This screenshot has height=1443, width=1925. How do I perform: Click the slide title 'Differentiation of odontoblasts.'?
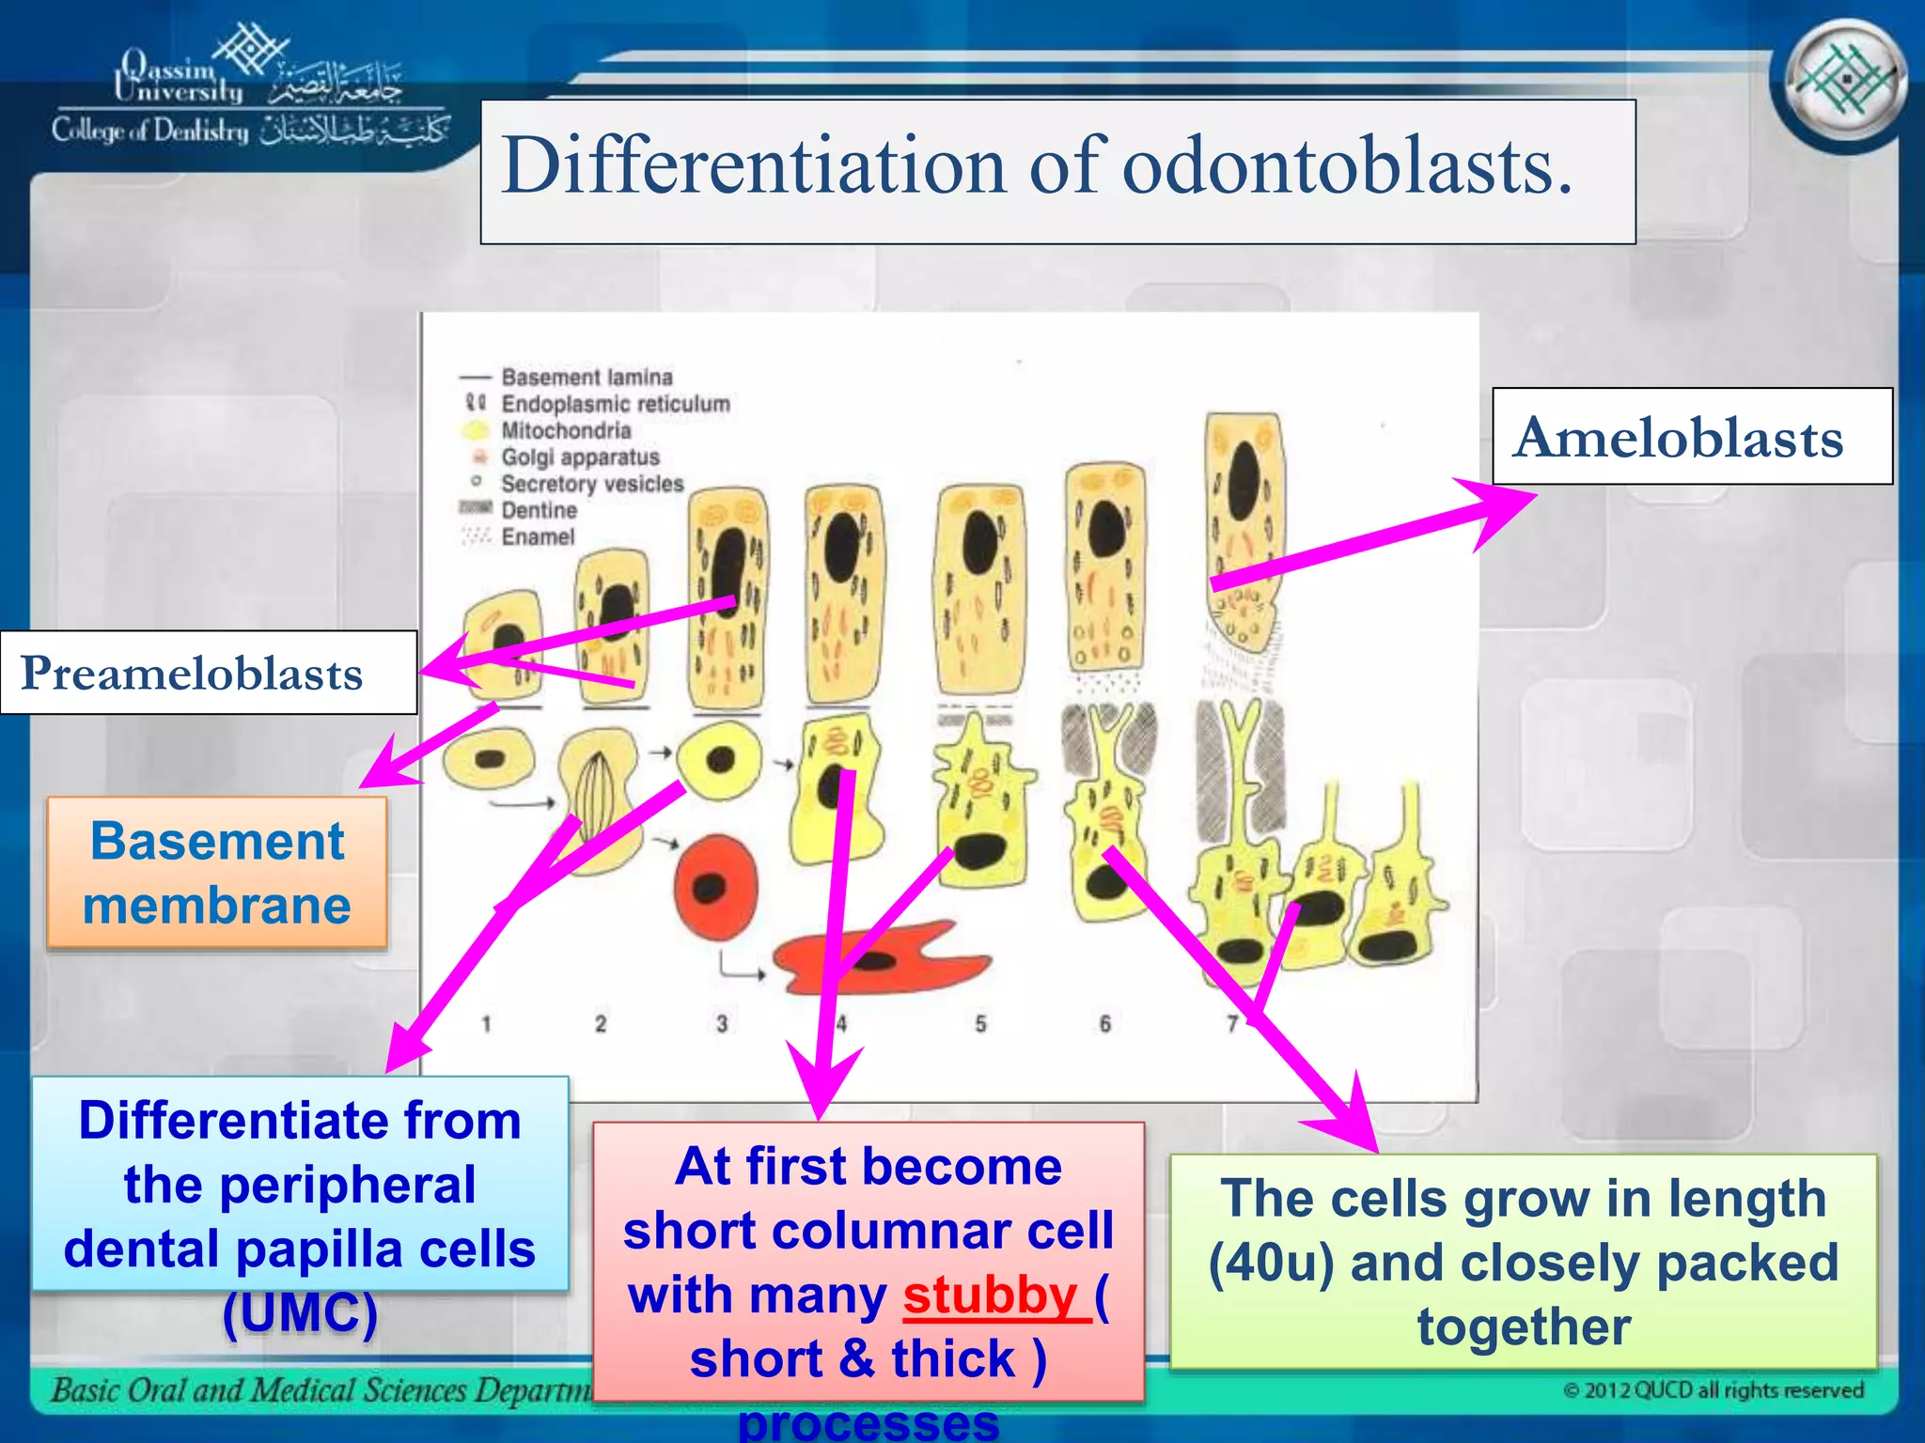coord(1038,166)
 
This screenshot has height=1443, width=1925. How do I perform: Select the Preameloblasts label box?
coord(193,674)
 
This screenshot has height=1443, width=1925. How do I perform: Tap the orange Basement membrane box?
coord(217,873)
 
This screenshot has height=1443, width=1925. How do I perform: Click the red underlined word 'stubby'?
coord(990,1296)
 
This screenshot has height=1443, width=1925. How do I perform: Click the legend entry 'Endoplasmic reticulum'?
coord(615,404)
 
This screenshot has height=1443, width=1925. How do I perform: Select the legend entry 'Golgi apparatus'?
coord(580,458)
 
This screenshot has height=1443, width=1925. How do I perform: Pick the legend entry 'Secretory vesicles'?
coord(592,484)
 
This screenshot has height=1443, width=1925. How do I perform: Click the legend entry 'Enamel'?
coord(537,537)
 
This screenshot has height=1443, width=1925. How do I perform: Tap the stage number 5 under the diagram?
coord(980,1023)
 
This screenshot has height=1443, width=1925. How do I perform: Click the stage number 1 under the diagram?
coord(486,1023)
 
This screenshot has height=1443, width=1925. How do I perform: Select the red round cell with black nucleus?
coord(715,887)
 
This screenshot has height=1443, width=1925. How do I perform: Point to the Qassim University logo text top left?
coord(179,79)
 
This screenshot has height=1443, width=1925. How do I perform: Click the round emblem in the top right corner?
coord(1845,82)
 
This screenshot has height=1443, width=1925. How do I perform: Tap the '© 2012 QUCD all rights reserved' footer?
coord(1713,1390)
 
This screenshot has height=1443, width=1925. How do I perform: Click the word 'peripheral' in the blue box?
coord(300,1186)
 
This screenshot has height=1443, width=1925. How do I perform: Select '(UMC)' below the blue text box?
coord(300,1313)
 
